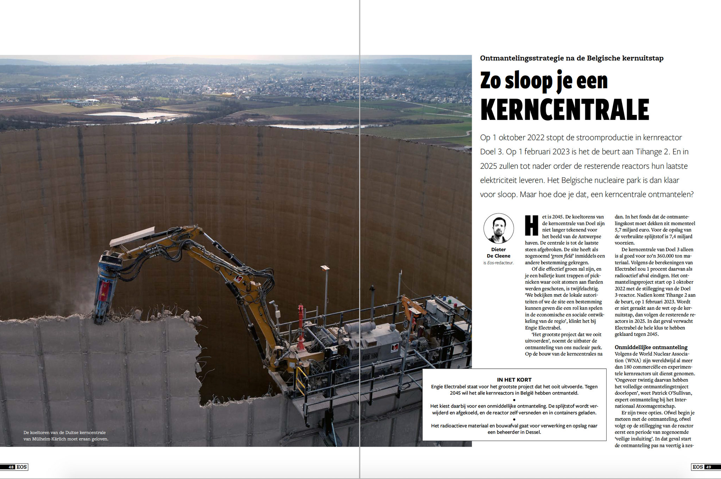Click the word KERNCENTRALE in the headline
click(x=564, y=110)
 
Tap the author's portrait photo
click(x=498, y=228)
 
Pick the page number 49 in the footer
click(x=708, y=467)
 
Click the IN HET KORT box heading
click(x=514, y=380)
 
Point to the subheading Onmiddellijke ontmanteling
click(x=651, y=347)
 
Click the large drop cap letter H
click(x=532, y=225)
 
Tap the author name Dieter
click(x=499, y=250)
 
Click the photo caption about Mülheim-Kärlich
click(x=66, y=436)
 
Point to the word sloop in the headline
click(x=529, y=81)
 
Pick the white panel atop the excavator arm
click(x=132, y=237)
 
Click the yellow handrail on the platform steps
click(x=300, y=379)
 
